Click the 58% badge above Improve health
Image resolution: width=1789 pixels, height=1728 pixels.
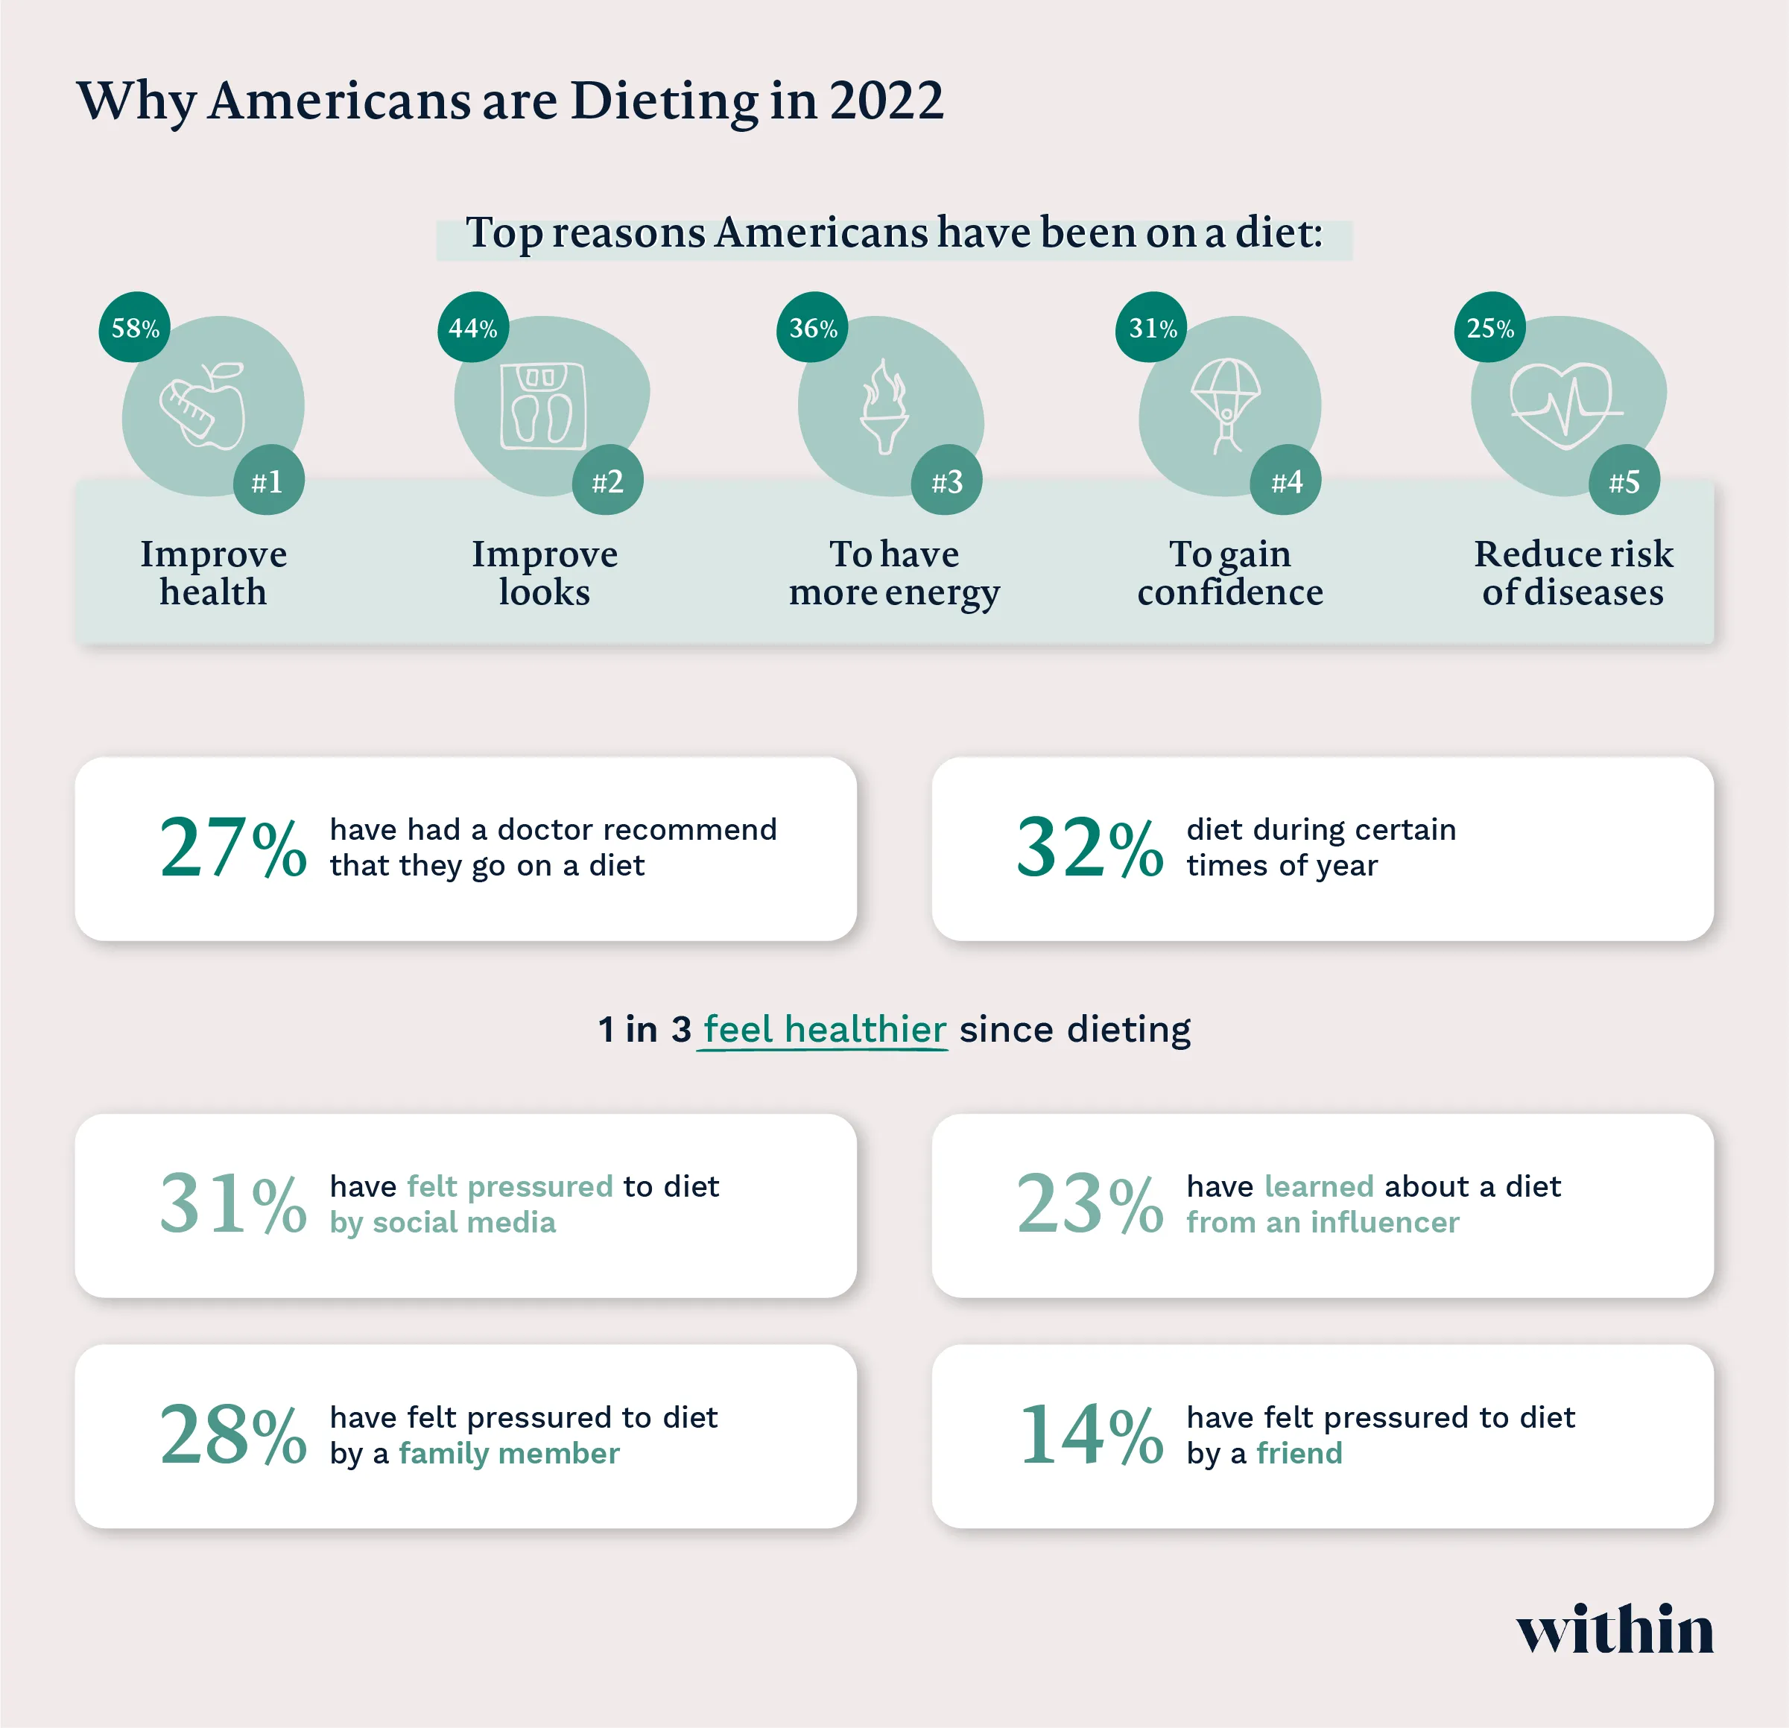pos(134,328)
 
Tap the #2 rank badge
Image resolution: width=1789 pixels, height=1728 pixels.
pos(607,481)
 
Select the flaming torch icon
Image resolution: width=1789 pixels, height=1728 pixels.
pos(885,406)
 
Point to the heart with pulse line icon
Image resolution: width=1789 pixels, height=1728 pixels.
pos(1565,405)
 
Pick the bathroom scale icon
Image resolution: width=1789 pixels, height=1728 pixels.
pos(543,406)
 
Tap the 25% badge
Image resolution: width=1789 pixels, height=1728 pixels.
pos(1489,328)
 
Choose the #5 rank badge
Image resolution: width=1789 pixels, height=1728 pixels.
pos(1624,481)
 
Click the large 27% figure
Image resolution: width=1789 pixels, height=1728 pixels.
pos(232,848)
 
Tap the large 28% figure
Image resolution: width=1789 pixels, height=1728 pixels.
pos(232,1435)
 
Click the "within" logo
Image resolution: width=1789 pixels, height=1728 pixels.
pos(1615,1630)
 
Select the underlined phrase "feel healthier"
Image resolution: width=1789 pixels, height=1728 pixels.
pos(824,1030)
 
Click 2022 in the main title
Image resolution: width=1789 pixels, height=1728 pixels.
pos(886,100)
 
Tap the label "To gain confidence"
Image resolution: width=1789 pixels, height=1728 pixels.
pos(1229,572)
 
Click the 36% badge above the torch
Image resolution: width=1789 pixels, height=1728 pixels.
pos(812,328)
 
